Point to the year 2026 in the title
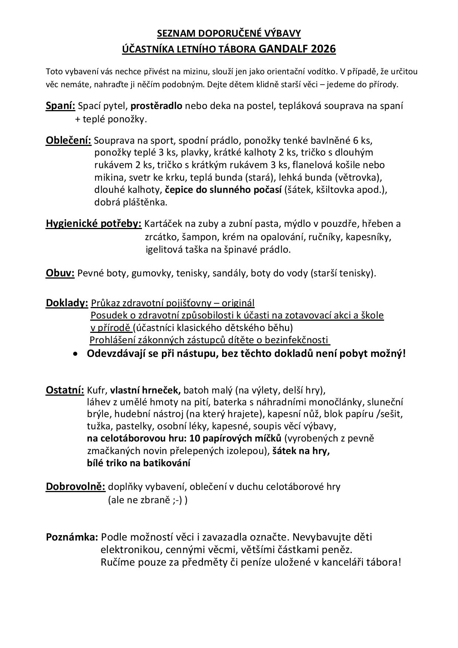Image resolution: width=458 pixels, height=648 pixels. [x=323, y=49]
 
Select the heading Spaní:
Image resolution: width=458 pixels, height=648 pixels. [x=60, y=106]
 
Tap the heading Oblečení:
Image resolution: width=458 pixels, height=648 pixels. [x=68, y=140]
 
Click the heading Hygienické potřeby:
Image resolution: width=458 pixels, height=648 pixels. [x=94, y=224]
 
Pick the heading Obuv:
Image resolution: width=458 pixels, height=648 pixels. [x=60, y=273]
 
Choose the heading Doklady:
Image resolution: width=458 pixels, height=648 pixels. [x=67, y=303]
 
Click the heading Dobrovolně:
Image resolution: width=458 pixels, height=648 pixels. [x=75, y=487]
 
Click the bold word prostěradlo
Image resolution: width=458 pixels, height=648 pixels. [x=156, y=106]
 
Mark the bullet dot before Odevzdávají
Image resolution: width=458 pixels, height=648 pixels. [x=76, y=354]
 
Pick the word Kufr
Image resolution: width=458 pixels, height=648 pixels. [x=97, y=390]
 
